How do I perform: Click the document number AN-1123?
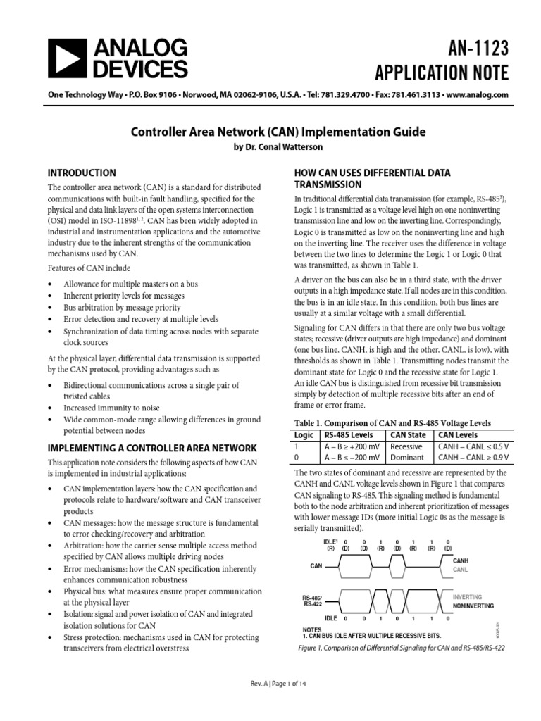point(470,49)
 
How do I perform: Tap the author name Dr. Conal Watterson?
point(270,146)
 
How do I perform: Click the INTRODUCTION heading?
point(81,173)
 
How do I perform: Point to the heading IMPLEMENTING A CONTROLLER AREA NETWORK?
point(150,449)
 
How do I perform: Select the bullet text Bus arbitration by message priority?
point(122,308)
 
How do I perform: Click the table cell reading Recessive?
point(406,446)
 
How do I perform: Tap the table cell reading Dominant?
point(407,458)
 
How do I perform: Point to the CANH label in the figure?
point(461,560)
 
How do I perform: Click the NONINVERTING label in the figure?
point(473,606)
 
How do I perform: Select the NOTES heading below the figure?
point(311,629)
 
